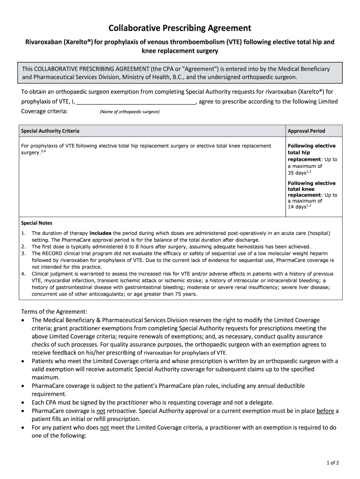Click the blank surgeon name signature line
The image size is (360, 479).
(136, 103)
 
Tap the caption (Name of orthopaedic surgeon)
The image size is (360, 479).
(130, 112)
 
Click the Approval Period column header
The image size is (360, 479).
(306, 131)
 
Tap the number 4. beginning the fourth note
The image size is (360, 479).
(23, 273)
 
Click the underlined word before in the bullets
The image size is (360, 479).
(325, 411)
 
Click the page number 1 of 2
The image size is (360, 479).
(333, 463)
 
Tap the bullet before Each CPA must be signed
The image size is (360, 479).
(24, 402)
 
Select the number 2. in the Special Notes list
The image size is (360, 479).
(23, 247)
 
